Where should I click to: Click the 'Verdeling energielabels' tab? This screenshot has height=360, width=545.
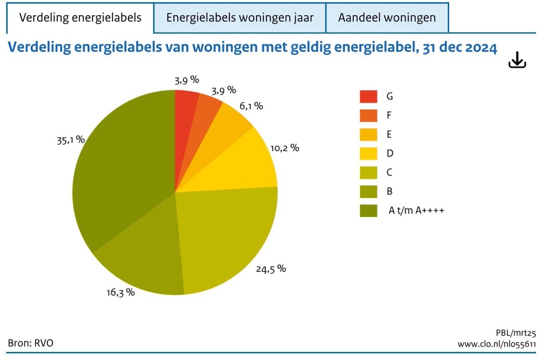pos(80,18)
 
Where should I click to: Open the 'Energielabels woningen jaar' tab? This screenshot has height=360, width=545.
pos(240,18)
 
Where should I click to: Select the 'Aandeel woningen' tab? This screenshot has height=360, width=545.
pos(387,18)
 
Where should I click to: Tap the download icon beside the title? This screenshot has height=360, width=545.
pos(517,60)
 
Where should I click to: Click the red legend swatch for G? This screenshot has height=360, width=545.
pos(368,97)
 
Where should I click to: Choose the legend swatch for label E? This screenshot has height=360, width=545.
pos(368,135)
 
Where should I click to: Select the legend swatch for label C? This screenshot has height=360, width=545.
pos(368,173)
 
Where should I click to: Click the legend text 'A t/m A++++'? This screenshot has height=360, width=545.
pos(416,211)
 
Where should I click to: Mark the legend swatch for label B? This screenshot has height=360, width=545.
pos(368,192)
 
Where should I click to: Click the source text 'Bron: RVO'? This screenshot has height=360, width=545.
pos(30,343)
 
